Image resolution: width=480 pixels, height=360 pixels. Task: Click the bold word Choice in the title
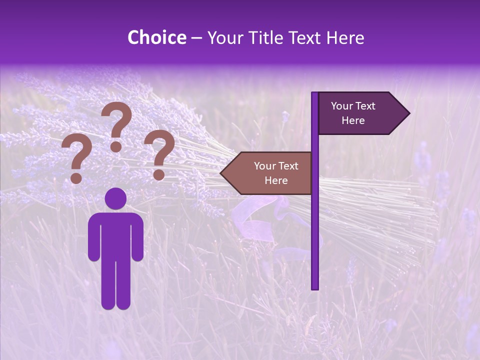pos(156,37)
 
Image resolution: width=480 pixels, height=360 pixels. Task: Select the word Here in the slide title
pos(345,37)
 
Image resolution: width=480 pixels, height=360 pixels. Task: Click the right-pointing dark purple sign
pos(357,113)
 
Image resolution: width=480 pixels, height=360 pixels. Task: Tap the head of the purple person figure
pos(116,198)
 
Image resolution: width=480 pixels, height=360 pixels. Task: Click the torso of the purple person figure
pos(116,235)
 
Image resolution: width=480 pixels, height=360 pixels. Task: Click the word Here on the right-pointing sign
pos(353,120)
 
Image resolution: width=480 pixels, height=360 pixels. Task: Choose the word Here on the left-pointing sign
pos(276,180)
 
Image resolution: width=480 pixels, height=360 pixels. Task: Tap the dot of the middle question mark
pos(116,146)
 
